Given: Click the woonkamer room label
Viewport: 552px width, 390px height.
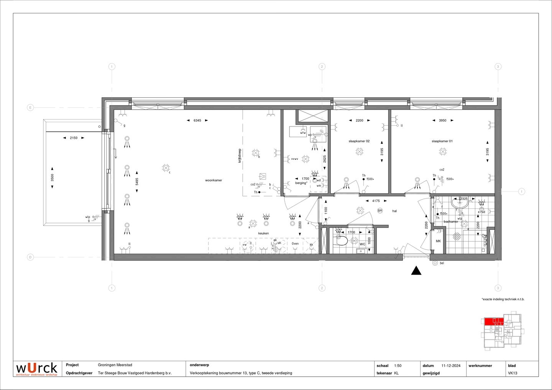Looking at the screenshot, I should point(214,180).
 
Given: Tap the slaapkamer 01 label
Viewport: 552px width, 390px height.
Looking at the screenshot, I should point(442,141).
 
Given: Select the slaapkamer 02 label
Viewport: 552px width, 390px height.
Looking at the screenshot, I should point(359,141).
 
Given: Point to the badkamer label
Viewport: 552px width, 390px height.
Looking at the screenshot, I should point(451,222).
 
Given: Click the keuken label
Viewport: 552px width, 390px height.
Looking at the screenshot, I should point(263,233).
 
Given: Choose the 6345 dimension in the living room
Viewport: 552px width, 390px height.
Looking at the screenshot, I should point(197,120).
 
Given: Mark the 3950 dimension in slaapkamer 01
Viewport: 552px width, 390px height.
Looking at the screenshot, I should point(442,120).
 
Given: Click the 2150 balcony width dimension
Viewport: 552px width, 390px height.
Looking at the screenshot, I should point(73,138).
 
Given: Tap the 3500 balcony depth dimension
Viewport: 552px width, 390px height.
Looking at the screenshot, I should point(53,178).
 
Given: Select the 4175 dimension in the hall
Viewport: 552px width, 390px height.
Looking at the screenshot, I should point(376,201).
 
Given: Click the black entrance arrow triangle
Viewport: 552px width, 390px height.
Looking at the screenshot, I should point(416,271).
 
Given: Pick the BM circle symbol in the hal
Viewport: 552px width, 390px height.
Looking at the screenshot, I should point(380,211).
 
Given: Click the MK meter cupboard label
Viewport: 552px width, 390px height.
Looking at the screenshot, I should point(439,241).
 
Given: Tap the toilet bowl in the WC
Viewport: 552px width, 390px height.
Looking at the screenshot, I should point(341,241).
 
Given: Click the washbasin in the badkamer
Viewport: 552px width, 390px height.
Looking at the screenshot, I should point(459,204).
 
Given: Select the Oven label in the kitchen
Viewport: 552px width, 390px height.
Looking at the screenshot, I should point(295,244).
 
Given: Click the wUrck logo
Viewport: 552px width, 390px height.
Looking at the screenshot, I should point(36,369).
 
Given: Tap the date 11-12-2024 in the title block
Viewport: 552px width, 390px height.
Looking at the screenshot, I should point(451,366).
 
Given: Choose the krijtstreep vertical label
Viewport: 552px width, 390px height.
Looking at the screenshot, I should point(240,156).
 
